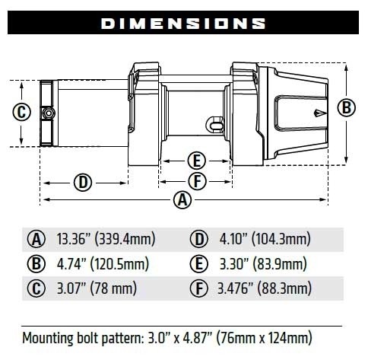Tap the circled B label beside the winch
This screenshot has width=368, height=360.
pyautogui.click(x=347, y=107)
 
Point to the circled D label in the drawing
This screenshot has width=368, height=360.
pyautogui.click(x=84, y=182)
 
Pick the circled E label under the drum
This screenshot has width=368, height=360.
pyautogui.click(x=196, y=161)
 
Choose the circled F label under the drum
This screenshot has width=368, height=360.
pyautogui.click(x=196, y=181)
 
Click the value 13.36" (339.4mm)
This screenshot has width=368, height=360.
pyautogui.click(x=105, y=240)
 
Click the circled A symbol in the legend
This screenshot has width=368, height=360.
pyautogui.click(x=36, y=240)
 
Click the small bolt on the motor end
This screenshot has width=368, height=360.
pyautogui.click(x=48, y=113)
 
